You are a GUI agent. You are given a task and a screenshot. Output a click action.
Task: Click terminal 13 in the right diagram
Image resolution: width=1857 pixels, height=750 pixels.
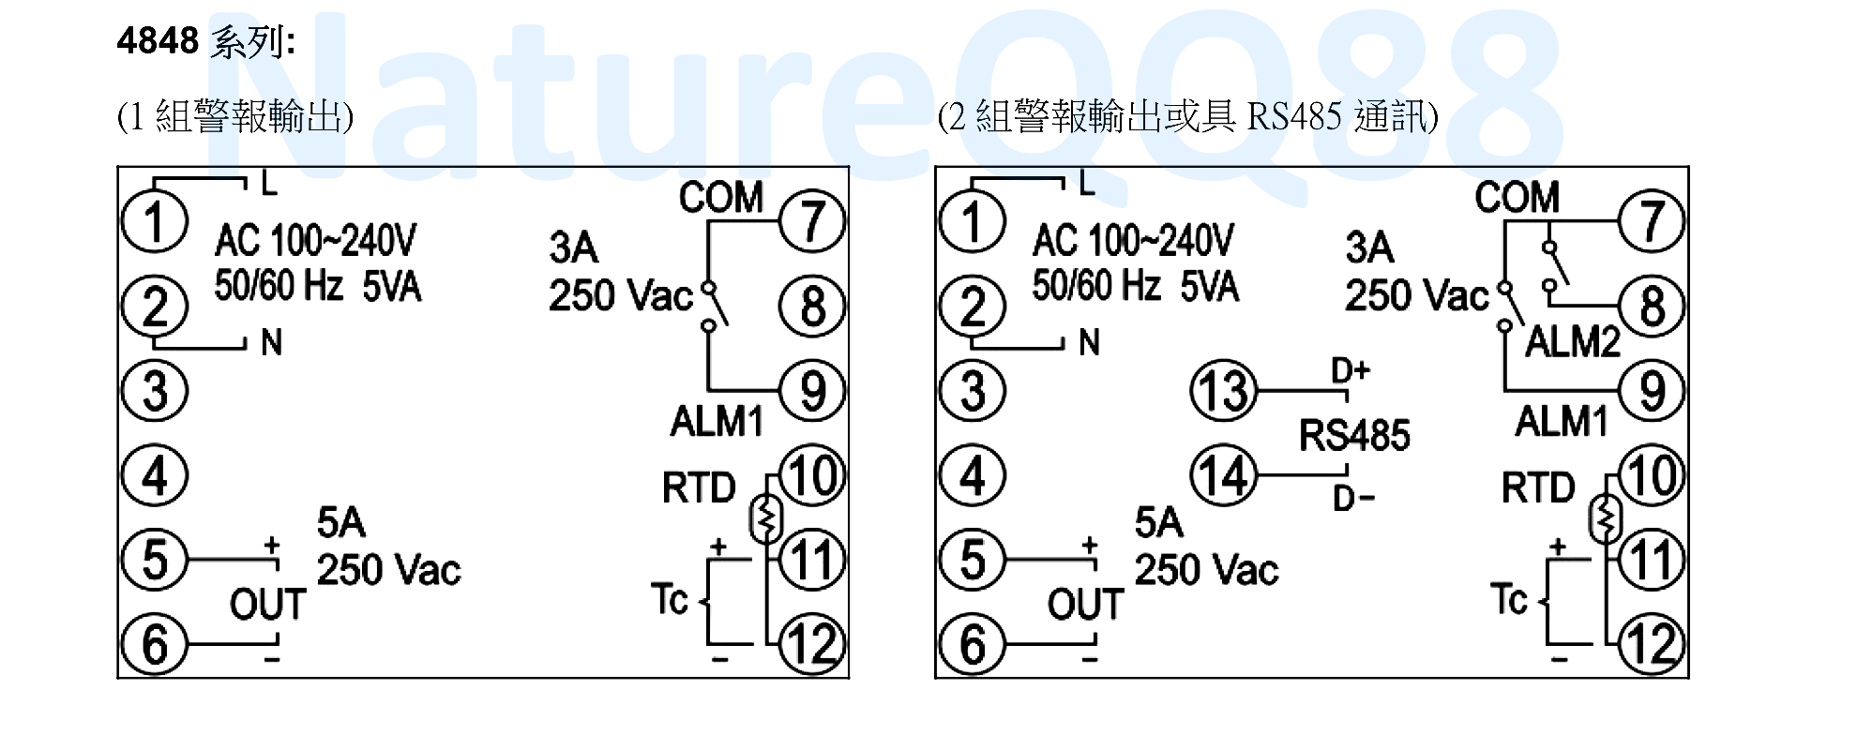click(1223, 391)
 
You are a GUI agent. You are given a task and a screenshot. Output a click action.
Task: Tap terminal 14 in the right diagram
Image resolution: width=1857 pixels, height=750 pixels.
click(1223, 475)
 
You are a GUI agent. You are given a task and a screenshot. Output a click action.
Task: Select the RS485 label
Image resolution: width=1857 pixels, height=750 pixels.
click(1353, 436)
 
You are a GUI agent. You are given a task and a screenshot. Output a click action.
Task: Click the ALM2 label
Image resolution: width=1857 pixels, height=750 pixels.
click(1573, 342)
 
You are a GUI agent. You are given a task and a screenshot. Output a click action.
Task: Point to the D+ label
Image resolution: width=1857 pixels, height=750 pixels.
click(1351, 371)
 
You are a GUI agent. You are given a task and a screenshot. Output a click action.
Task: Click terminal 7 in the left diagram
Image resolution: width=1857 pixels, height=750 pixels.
click(812, 222)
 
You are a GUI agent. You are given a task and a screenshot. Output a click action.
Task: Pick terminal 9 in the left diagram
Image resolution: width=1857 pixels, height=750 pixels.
click(812, 391)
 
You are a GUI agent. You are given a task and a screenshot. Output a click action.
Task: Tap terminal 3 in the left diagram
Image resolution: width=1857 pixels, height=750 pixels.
click(155, 391)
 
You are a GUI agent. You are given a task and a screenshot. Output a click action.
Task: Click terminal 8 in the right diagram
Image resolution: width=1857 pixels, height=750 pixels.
click(1652, 307)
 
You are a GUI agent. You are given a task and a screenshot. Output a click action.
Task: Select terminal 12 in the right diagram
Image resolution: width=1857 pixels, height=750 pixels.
click(1652, 644)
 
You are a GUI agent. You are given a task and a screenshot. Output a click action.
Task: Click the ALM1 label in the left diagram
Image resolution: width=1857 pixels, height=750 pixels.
click(717, 422)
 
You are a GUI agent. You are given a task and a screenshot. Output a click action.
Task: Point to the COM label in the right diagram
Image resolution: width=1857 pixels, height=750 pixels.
click(1517, 198)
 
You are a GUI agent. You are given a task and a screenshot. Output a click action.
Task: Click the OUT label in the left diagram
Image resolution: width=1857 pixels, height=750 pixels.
click(267, 605)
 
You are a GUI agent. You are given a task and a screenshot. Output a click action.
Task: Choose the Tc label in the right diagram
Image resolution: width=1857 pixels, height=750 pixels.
click(1508, 599)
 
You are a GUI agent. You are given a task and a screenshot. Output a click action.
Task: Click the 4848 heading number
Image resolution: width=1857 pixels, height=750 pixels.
click(158, 41)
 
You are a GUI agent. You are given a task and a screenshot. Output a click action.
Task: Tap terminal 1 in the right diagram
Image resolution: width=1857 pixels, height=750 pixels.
click(973, 222)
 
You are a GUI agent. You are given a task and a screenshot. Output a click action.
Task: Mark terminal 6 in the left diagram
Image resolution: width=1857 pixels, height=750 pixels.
click(155, 644)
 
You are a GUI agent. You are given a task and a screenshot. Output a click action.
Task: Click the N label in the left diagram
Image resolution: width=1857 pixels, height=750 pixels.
click(271, 343)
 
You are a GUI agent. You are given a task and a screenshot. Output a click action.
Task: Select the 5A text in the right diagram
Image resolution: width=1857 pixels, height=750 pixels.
click(1158, 523)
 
